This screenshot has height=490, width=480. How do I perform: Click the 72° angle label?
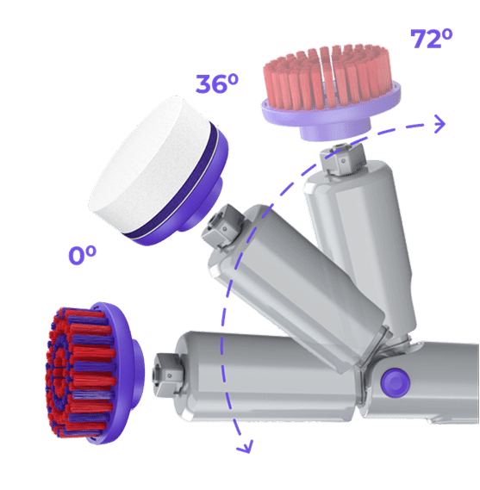[431, 39]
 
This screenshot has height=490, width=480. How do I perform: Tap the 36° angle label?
[216, 84]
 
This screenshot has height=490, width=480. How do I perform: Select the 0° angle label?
[82, 255]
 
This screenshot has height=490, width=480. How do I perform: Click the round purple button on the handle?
[395, 382]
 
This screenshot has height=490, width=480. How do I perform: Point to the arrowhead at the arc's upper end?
[439, 124]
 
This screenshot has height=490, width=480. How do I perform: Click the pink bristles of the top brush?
[327, 77]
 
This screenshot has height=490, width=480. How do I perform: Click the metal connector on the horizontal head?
[167, 374]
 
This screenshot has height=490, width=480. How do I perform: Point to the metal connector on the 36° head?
[222, 226]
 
